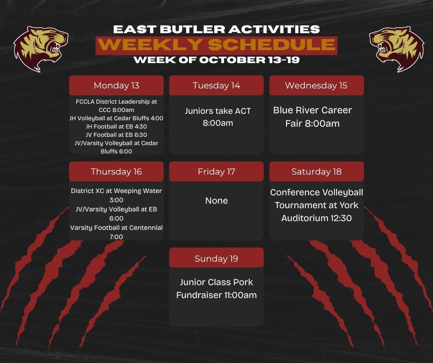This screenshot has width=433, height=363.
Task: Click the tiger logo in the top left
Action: [41, 49]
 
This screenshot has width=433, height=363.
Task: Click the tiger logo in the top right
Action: [396, 49]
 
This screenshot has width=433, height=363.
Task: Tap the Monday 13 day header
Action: [116, 86]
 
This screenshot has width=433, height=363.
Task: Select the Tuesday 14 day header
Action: [216, 86]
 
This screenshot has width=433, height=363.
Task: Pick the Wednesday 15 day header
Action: [316, 86]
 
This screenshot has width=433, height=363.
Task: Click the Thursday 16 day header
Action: [116, 172]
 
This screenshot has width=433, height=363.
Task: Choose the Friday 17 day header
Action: [216, 172]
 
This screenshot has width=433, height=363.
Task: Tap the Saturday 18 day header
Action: [316, 172]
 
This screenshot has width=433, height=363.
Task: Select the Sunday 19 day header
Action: [216, 258]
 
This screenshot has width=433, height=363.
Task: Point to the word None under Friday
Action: [216, 201]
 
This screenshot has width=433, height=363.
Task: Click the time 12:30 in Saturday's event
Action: [339, 218]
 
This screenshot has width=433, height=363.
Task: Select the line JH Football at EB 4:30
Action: [116, 127]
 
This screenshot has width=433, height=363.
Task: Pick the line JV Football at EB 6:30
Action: [116, 135]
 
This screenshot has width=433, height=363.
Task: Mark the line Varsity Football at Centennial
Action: [116, 228]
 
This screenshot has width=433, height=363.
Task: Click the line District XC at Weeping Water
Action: [116, 191]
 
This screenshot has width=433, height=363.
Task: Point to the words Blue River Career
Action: [312, 111]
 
